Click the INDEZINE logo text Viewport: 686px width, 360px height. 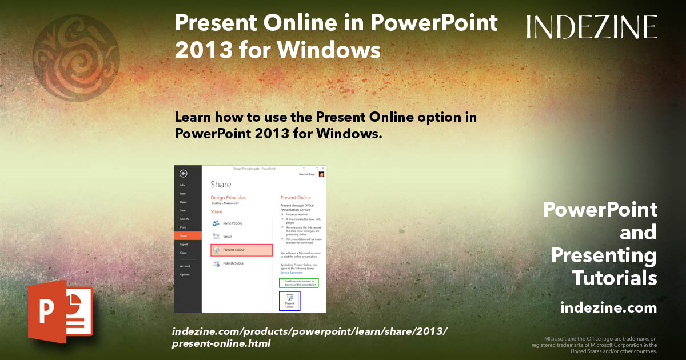click(592, 27)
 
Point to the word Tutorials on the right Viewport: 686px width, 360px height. click(615, 278)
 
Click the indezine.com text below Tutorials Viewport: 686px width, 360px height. click(608, 308)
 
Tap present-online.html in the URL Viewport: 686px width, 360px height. click(221, 343)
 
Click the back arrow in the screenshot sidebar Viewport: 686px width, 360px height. click(183, 174)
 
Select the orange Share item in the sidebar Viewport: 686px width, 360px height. click(188, 235)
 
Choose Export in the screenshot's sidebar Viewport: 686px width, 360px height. click(184, 244)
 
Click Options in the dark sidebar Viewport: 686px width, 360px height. click(185, 274)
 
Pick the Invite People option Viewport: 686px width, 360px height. click(232, 223)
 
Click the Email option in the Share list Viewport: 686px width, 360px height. click(227, 236)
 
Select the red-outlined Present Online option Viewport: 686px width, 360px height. click(241, 250)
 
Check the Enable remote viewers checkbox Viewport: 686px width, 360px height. click(282, 281)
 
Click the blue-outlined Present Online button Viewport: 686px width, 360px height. click(289, 301)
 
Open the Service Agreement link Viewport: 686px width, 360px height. click(292, 273)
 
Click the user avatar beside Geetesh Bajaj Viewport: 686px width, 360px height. click(321, 174)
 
